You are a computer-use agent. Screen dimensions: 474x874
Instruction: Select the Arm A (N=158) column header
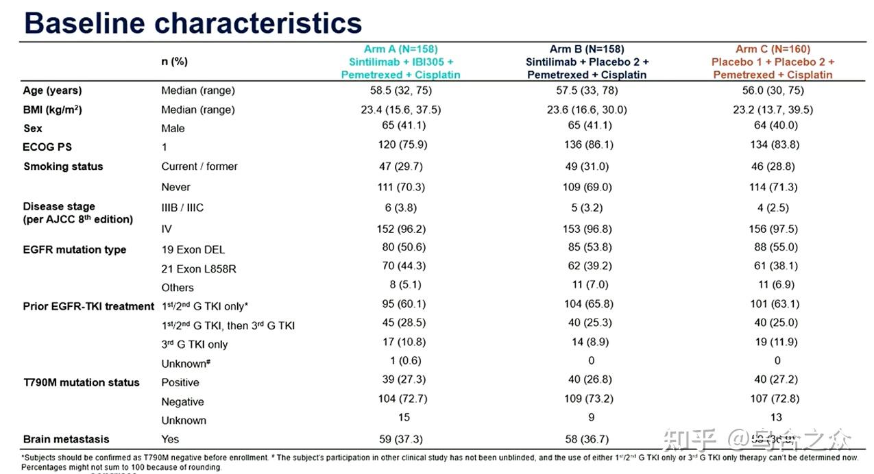click(x=401, y=49)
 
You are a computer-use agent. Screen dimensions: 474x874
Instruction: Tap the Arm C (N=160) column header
click(x=773, y=49)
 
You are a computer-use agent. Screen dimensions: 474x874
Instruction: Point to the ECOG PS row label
click(x=47, y=147)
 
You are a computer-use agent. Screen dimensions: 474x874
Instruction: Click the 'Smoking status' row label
click(x=63, y=166)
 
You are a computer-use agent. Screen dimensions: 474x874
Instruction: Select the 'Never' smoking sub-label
click(x=175, y=187)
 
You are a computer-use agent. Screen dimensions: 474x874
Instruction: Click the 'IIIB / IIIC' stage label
click(x=182, y=208)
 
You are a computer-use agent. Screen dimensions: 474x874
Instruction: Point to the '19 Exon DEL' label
click(x=193, y=250)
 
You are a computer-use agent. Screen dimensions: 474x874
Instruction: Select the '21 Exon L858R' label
click(x=199, y=269)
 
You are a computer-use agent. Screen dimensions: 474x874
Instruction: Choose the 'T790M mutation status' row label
click(x=81, y=382)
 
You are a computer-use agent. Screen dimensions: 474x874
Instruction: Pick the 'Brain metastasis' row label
click(x=66, y=439)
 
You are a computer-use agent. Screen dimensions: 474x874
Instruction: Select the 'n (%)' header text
click(x=174, y=62)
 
